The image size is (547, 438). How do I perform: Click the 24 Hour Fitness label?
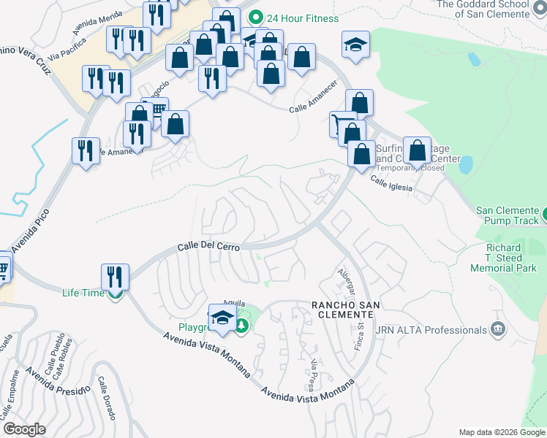click(x=302, y=18)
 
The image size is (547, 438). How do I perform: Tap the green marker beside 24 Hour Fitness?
click(x=255, y=17)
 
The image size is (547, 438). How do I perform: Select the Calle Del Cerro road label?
click(x=209, y=248)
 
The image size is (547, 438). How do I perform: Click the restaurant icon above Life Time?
click(x=115, y=277)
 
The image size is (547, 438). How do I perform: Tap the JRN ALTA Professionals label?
click(x=431, y=330)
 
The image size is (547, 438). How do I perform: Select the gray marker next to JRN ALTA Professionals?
click(x=499, y=329)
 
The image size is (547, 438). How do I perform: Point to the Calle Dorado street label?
click(x=106, y=399)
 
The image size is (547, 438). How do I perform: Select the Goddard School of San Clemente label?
click(x=482, y=9)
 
